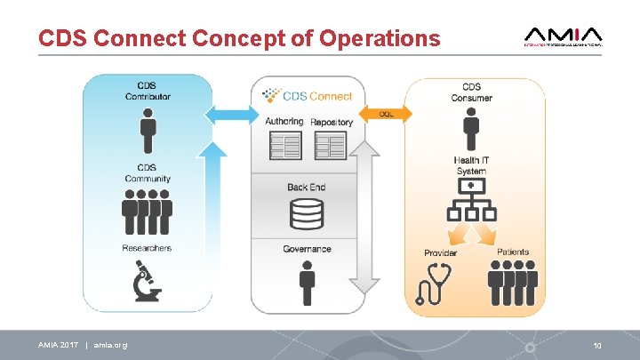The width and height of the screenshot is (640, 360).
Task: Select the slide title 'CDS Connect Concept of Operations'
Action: tap(239, 38)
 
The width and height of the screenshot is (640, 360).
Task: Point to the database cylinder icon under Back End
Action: tap(308, 213)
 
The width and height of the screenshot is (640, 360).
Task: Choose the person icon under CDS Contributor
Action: tap(148, 129)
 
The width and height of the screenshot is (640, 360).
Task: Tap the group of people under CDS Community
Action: tap(148, 212)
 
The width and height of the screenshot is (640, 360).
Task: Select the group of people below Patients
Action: tap(513, 285)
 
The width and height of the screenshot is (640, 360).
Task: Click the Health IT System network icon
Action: tap(470, 204)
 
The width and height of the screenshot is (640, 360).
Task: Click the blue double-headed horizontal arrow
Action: tap(228, 114)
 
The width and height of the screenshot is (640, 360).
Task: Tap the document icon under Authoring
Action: tap(284, 147)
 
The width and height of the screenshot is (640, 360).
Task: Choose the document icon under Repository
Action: tap(331, 147)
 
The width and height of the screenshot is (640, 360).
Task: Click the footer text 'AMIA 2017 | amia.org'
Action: tap(83, 344)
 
